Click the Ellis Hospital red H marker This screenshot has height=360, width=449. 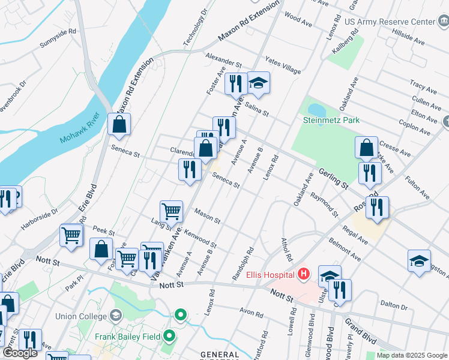(x=304, y=275)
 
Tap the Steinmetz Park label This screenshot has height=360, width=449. (x=331, y=120)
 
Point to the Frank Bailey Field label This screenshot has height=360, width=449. (x=127, y=337)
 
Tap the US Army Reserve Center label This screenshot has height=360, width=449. (x=390, y=22)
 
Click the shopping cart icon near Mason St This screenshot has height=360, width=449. (x=171, y=211)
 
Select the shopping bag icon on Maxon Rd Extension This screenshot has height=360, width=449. (x=119, y=124)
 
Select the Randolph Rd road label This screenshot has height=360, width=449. (x=243, y=263)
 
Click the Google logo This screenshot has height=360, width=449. (x=20, y=353)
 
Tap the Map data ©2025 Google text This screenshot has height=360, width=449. (x=412, y=355)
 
